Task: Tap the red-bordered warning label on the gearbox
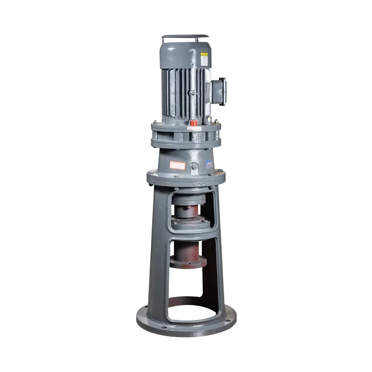tap(177, 165)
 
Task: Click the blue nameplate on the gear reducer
tap(209, 164)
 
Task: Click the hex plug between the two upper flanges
tap(195, 137)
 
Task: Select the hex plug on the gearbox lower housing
tap(194, 166)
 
